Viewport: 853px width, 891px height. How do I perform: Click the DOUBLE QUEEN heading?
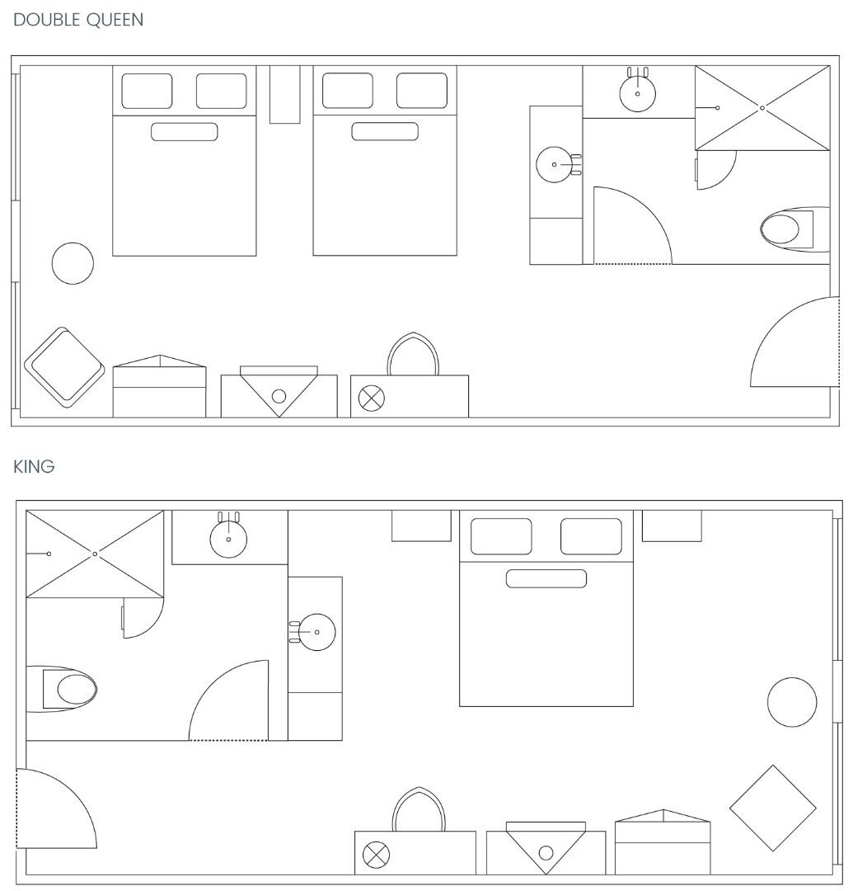(78, 20)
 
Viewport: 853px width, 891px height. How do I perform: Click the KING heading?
(34, 466)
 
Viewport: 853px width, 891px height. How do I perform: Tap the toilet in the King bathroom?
(62, 689)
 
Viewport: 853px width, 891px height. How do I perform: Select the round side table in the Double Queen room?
(73, 263)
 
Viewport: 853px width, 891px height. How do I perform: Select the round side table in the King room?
(792, 702)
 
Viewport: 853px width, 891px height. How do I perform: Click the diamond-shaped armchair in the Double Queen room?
(64, 367)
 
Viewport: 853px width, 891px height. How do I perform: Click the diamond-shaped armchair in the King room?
(772, 808)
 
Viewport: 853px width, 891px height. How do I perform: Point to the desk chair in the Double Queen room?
(413, 354)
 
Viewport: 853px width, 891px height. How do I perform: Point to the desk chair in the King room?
(419, 809)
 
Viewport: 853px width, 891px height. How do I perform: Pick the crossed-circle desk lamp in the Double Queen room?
(372, 398)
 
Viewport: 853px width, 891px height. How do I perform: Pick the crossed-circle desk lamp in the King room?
(377, 855)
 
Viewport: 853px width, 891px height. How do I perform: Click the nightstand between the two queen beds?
(285, 94)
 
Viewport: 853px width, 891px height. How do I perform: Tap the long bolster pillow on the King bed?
(546, 578)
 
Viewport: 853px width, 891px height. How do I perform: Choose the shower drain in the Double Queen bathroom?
(762, 108)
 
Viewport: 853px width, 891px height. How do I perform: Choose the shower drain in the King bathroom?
(95, 554)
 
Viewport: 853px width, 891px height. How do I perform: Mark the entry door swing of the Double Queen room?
(794, 342)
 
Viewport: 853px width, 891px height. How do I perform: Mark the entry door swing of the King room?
(56, 808)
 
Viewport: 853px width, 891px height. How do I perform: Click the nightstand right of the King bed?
(672, 526)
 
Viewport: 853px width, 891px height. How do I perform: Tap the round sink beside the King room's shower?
(228, 540)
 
